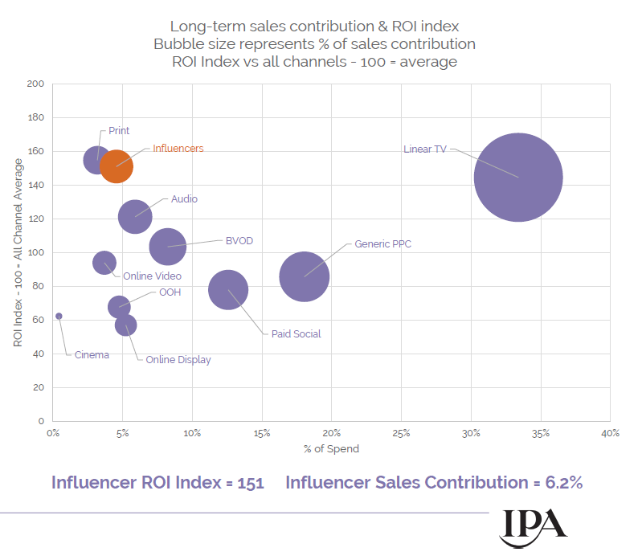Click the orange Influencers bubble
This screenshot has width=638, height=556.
(x=117, y=166)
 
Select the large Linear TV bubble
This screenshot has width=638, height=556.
(x=517, y=178)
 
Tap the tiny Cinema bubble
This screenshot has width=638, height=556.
(x=59, y=316)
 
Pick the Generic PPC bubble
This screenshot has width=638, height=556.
(x=304, y=276)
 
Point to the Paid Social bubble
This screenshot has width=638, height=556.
(x=228, y=290)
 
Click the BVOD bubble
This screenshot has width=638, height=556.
(x=167, y=247)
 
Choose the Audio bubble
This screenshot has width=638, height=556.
(x=135, y=217)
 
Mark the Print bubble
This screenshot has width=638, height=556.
(x=97, y=160)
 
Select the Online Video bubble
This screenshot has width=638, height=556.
(x=104, y=263)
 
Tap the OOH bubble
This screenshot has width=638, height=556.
(x=119, y=306)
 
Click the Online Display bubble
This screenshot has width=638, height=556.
(x=125, y=325)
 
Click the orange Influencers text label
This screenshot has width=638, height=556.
(x=178, y=149)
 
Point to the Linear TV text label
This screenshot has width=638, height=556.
(x=425, y=149)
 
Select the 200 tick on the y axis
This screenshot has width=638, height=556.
(x=35, y=84)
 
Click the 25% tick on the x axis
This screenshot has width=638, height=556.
(x=401, y=433)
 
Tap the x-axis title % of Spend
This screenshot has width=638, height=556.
(x=331, y=448)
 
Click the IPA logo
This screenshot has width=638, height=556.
(x=534, y=526)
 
